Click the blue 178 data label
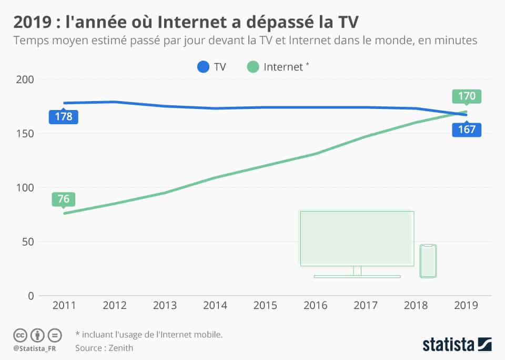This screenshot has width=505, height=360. tap(63, 116)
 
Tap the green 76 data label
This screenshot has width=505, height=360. tap(63, 199)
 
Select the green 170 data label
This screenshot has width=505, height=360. tap(466, 96)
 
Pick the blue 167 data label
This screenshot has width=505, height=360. tap(466, 129)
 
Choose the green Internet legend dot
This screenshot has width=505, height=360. tap(252, 67)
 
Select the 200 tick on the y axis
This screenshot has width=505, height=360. tap(25, 79)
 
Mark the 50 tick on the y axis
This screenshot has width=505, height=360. tap(27, 242)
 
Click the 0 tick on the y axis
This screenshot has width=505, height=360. tap(31, 296)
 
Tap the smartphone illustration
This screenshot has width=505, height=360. tap(428, 261)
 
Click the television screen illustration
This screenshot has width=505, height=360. tap(357, 238)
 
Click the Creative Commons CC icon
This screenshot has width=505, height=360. tap(21, 335)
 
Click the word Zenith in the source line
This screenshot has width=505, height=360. tap(121, 348)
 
